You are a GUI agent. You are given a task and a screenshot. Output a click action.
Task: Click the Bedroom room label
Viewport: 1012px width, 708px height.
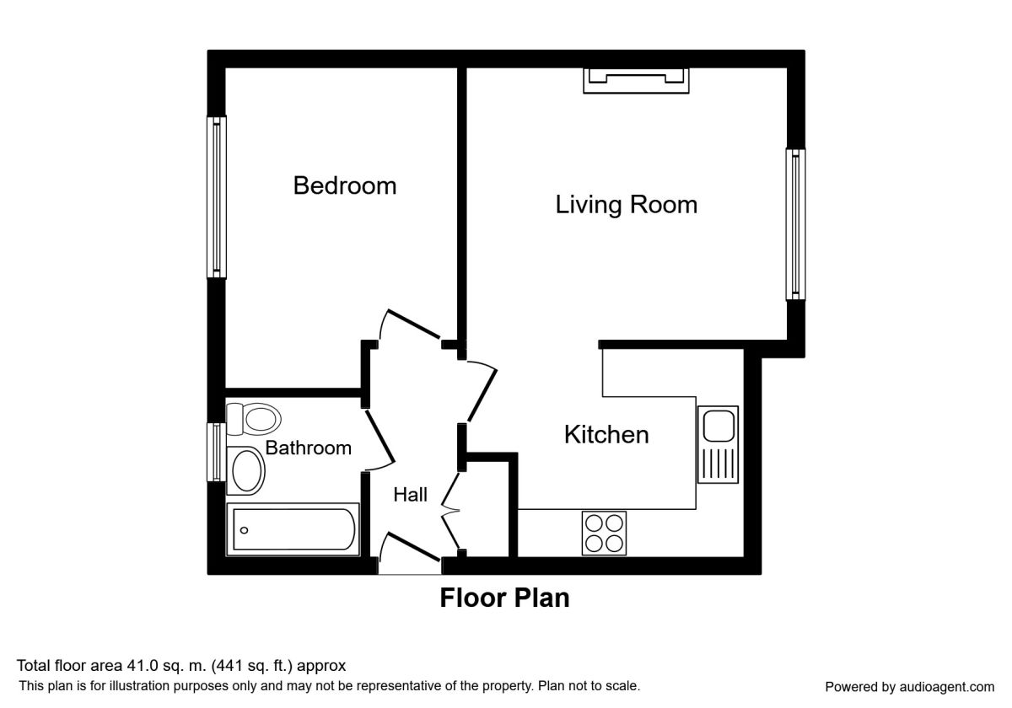345,185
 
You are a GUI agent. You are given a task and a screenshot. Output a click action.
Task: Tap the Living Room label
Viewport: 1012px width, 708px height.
626,205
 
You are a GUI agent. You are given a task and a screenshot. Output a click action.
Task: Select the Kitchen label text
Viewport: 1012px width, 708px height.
606,435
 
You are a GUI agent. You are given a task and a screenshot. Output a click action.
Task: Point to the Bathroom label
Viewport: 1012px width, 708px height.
308,448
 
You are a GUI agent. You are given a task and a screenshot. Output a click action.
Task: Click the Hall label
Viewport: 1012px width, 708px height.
410,495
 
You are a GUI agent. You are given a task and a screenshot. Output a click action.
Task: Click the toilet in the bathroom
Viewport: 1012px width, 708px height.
254,419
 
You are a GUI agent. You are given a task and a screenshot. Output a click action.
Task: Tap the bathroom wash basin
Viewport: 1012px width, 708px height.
245,471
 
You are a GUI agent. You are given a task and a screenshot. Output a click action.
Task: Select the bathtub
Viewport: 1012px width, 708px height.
293,529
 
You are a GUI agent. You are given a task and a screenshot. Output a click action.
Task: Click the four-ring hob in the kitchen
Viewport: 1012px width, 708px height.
604,534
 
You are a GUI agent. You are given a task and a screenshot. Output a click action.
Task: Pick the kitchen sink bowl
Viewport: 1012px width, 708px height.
719,426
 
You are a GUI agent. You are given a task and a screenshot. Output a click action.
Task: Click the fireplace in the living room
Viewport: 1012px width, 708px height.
636,81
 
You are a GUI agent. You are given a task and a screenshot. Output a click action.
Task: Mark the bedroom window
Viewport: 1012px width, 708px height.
217,197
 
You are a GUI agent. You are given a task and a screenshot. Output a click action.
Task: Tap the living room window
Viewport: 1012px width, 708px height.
795,224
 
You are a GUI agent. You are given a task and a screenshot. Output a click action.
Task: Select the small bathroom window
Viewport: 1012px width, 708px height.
217,452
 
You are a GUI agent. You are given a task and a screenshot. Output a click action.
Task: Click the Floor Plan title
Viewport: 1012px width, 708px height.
504,598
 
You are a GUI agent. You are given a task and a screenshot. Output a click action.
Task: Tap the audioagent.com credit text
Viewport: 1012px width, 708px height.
910,687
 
